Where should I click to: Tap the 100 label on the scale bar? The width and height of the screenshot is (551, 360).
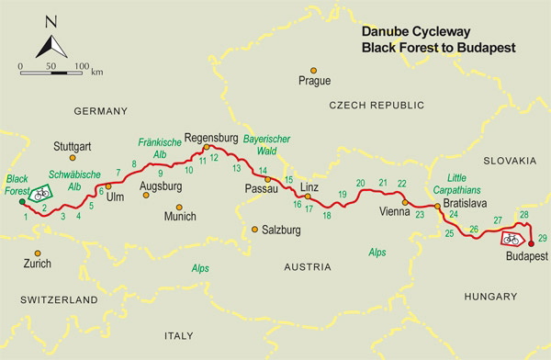[x=82, y=67]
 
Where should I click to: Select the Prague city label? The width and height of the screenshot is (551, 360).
[x=314, y=81]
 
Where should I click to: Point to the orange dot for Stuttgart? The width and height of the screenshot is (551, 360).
[x=74, y=158]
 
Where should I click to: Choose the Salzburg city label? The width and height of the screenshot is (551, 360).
[x=282, y=230]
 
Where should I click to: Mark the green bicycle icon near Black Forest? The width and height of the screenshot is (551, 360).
[x=40, y=194]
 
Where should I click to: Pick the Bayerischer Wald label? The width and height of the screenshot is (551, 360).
[x=267, y=143]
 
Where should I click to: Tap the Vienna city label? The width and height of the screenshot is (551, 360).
[x=395, y=212]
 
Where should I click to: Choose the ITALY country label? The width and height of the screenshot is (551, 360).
[x=180, y=336]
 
